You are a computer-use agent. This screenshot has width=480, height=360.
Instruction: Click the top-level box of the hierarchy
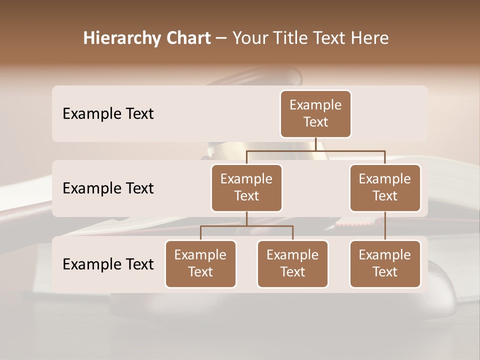[x=315, y=113]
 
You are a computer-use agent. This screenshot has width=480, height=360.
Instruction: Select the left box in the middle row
[x=246, y=187]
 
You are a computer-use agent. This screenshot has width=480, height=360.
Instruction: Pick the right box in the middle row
[x=385, y=187]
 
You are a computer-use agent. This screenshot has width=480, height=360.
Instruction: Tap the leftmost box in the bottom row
[x=200, y=263]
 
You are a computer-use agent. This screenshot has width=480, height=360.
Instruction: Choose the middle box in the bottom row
[x=292, y=263]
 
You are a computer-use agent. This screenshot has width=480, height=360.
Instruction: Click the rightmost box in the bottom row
[x=385, y=263]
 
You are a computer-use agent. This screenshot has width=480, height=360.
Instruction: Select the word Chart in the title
[x=188, y=38]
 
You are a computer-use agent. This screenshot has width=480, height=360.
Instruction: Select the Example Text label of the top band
[x=108, y=114]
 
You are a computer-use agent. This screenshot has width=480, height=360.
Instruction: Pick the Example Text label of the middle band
[x=108, y=188]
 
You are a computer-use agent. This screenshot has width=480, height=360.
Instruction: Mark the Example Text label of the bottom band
[x=108, y=264]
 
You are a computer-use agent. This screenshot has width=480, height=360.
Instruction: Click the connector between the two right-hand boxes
[x=385, y=226]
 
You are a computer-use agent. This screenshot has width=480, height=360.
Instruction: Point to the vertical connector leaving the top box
[x=315, y=144]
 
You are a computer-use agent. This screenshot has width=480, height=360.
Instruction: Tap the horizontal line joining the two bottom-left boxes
[x=246, y=226]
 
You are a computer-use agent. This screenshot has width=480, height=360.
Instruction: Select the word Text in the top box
[x=315, y=122]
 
